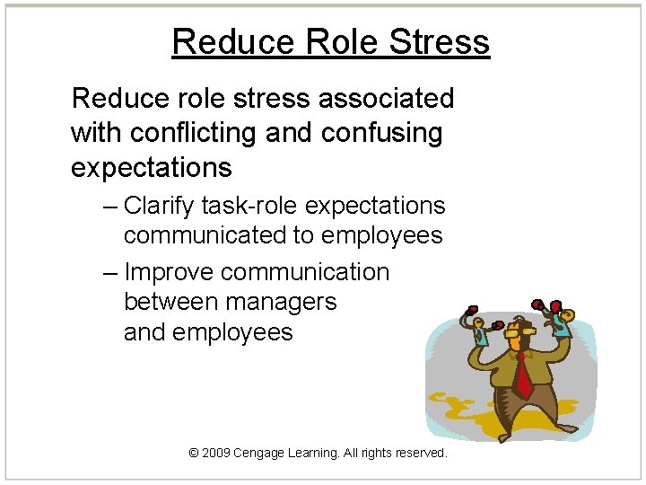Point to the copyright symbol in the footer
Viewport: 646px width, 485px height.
click(x=194, y=454)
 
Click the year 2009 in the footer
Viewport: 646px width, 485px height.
click(x=215, y=454)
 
